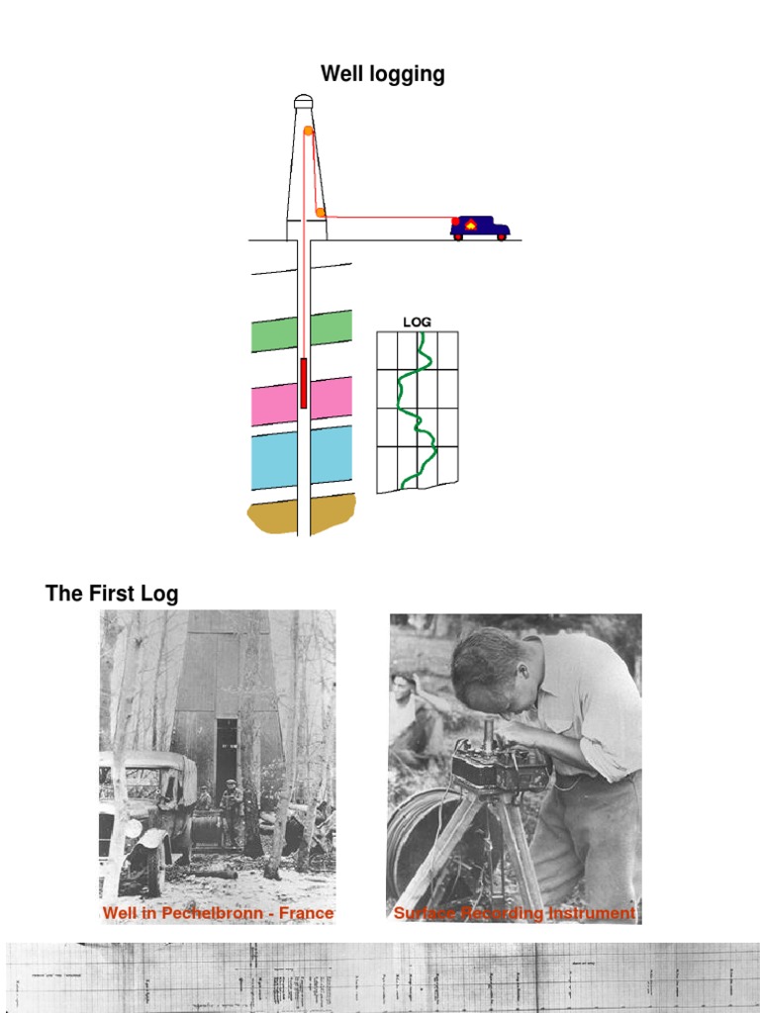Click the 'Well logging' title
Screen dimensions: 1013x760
coord(382,74)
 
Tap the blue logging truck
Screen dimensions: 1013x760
coord(480,228)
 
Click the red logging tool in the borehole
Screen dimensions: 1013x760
coord(304,384)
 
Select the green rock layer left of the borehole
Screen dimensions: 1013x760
coord(274,334)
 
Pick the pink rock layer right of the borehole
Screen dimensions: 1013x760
coord(332,399)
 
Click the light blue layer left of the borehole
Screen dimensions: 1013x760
coord(274,461)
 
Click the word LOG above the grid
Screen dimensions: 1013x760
coord(417,322)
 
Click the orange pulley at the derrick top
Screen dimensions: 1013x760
coord(309,131)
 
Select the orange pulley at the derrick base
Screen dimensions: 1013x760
coord(321,213)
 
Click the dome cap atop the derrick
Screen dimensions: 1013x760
coord(304,100)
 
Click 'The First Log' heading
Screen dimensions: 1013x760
coord(112,594)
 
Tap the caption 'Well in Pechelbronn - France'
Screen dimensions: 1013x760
coord(218,913)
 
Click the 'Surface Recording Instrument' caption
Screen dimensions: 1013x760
coord(515,913)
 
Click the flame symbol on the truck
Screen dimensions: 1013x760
coord(471,225)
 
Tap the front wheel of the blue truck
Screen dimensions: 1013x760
coord(502,237)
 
